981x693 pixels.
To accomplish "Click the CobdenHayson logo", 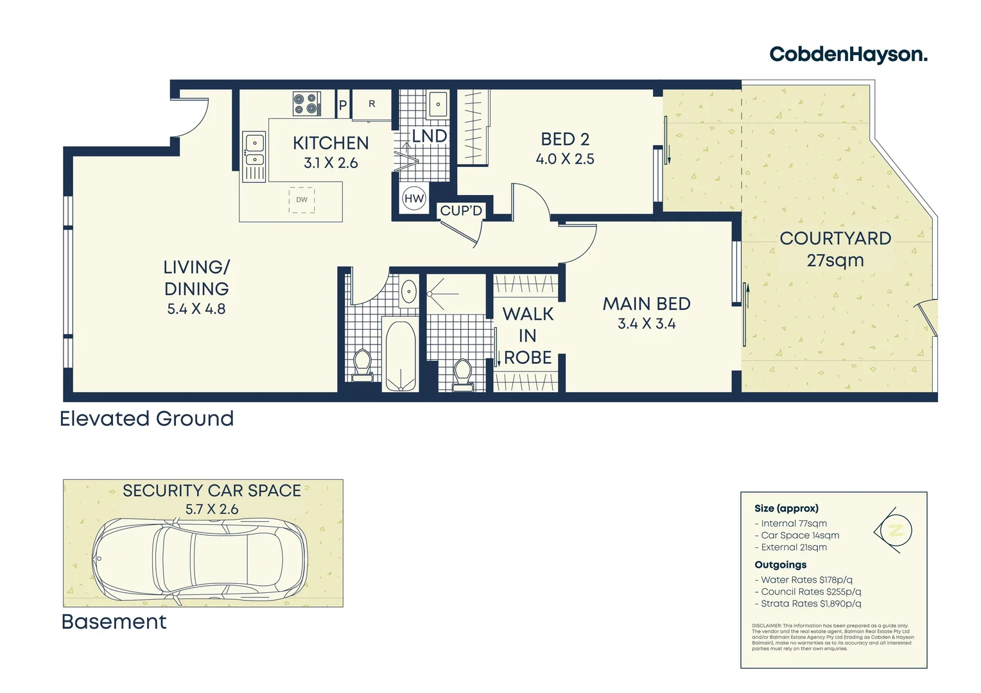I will click(x=848, y=55).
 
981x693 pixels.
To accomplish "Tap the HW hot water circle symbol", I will click(x=414, y=199).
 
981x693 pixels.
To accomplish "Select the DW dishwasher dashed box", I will click(x=302, y=200).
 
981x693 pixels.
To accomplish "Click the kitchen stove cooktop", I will click(x=307, y=104).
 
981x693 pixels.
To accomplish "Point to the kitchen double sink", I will click(x=254, y=151).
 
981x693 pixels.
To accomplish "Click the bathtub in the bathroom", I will click(x=400, y=355).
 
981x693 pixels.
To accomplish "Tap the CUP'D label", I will click(x=461, y=211).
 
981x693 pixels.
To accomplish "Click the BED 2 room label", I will click(x=565, y=139).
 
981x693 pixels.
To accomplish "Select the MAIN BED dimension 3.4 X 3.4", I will click(x=647, y=324).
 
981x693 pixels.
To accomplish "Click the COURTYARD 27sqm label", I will click(x=835, y=249).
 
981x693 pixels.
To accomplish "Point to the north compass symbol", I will click(x=894, y=531).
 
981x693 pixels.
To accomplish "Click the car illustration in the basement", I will click(x=200, y=558).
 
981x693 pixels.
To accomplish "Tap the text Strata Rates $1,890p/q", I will click(x=810, y=604).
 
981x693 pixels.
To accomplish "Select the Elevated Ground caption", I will click(x=147, y=419).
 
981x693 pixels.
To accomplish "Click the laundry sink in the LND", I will click(x=438, y=104).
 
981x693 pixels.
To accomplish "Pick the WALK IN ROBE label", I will click(x=528, y=336).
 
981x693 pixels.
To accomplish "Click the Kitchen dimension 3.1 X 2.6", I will click(x=331, y=164).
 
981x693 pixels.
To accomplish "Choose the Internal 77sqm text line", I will click(x=794, y=524).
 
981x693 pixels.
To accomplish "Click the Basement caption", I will click(x=114, y=622).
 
